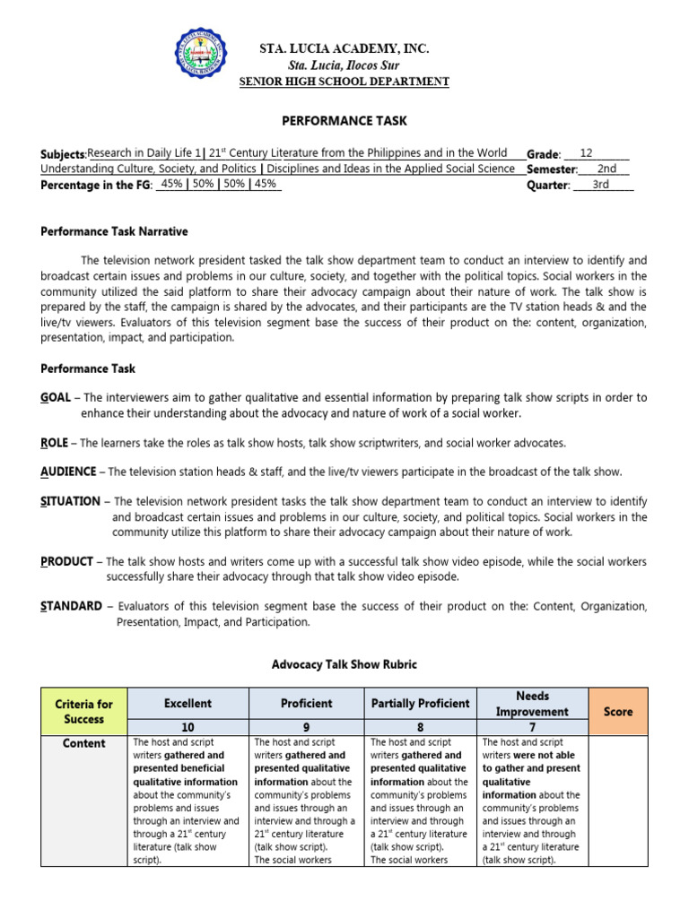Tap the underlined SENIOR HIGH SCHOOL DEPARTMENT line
[344, 82]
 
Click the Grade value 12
[586, 153]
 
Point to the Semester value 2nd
[606, 169]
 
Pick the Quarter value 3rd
[601, 185]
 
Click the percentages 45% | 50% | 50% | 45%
[219, 185]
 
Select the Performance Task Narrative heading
[115, 231]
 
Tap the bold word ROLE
[57, 443]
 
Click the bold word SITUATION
[72, 501]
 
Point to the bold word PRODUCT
[67, 561]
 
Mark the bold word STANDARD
[72, 606]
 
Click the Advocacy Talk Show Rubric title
[344, 664]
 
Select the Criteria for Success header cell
[84, 711]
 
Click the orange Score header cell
[618, 711]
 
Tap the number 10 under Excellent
[188, 727]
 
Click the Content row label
[84, 743]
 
